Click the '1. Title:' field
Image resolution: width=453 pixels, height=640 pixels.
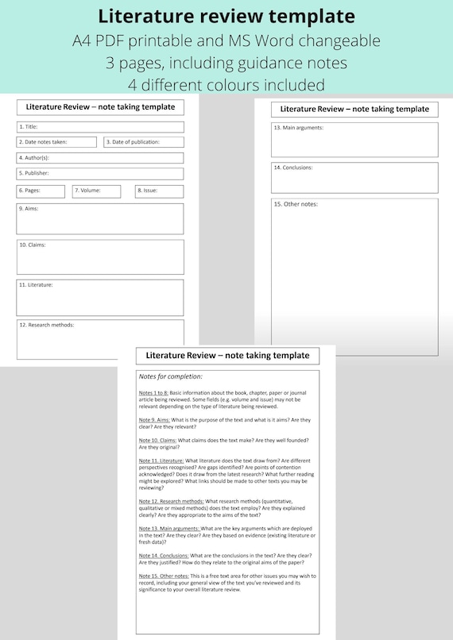pyautogui.click(x=100, y=127)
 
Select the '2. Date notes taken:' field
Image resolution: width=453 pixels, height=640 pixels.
pyautogui.click(x=58, y=142)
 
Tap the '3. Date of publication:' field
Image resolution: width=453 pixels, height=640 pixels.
pyautogui.click(x=144, y=142)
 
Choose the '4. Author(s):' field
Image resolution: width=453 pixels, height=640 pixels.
pyautogui.click(x=100, y=158)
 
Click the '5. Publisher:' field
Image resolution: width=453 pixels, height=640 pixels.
pyautogui.click(x=100, y=173)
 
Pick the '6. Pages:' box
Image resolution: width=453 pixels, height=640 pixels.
pyautogui.click(x=41, y=191)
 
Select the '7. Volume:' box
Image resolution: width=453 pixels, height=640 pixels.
pyautogui.click(x=96, y=191)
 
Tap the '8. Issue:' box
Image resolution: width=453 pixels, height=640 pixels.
pyautogui.click(x=159, y=191)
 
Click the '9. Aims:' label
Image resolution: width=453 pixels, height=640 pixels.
pyautogui.click(x=29, y=209)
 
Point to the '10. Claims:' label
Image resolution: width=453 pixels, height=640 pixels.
pyautogui.click(x=33, y=245)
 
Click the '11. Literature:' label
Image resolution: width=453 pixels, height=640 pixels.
pyautogui.click(x=36, y=284)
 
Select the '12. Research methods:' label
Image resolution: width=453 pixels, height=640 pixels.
pyautogui.click(x=47, y=325)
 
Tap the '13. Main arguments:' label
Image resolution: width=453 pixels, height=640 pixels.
pyautogui.click(x=299, y=128)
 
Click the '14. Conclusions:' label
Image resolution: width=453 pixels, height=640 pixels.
pyautogui.click(x=293, y=168)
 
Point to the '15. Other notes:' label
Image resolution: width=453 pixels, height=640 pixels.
pyautogui.click(x=296, y=204)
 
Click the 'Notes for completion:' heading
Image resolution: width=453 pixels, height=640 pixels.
pyautogui.click(x=171, y=376)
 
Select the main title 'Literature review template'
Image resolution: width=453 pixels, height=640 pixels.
pyautogui.click(x=226, y=16)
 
